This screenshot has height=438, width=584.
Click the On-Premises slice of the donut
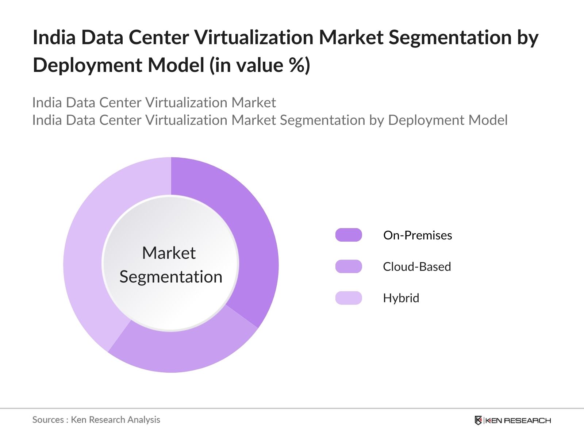pos(252,237)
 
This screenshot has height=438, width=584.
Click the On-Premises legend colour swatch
pos(349,235)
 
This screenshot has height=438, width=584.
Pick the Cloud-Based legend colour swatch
pos(349,266)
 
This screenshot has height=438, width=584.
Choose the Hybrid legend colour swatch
pos(349,298)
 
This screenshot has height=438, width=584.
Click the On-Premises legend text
pos(418,235)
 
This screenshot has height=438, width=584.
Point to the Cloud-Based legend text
pos(417,267)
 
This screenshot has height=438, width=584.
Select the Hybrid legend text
pos(401,298)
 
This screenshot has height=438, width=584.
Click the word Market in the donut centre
pos(169,253)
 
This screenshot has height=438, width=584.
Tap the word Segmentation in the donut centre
pos(171,277)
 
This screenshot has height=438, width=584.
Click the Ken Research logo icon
pos(478,420)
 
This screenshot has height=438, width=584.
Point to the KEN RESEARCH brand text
pos(518,420)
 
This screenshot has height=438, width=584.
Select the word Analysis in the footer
pos(144,420)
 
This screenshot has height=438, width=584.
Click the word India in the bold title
pos(54,38)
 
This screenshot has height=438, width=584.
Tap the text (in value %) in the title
pos(260,65)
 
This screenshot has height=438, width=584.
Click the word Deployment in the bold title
pos(87,65)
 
